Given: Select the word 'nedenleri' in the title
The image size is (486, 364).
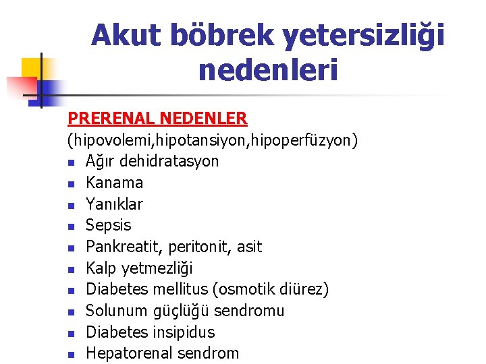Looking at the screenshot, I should click(x=267, y=70).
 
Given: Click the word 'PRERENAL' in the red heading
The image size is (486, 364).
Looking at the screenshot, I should click(x=112, y=119).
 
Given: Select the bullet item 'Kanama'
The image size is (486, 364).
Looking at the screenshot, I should click(x=115, y=183).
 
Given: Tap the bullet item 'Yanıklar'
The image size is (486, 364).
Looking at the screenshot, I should click(x=115, y=204).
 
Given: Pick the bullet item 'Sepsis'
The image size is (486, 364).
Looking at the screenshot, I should click(x=109, y=226).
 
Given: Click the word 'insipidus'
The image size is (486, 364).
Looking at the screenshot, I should click(x=183, y=332).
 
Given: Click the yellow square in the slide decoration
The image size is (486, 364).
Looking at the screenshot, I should click(x=32, y=67).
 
